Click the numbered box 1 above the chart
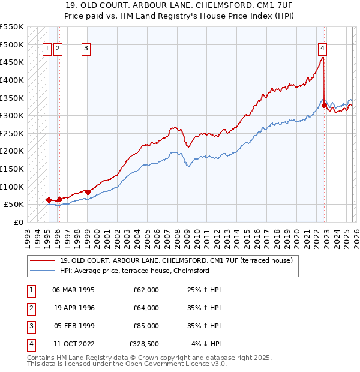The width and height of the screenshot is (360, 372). coord(47,49)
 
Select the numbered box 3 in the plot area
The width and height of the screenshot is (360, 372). coord(86,49)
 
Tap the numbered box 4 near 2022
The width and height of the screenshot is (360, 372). coord(322,49)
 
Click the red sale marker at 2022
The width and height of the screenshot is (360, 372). coord(324,105)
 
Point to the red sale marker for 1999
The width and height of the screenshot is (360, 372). coord(88,192)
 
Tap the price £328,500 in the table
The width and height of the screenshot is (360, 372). coord(144,344)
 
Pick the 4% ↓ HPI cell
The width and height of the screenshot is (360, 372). coord(206,344)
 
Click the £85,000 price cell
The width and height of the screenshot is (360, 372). coord(146,326)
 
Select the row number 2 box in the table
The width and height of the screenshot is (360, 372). coord(31,308)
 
